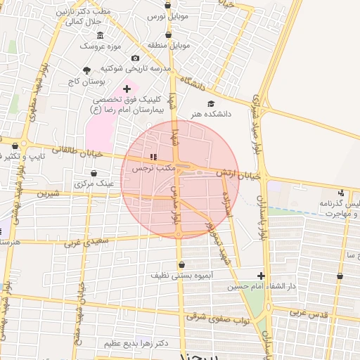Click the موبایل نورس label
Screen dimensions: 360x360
coord(166,15)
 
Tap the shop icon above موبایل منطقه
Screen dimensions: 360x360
coord(168,34)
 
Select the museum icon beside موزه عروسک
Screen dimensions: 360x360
coord(100,35)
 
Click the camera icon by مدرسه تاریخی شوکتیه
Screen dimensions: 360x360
coord(135,58)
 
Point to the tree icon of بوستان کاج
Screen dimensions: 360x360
coord(86,70)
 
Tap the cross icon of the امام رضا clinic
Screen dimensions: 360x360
coord(127,89)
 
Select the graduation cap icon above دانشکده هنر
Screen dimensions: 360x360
coord(211,103)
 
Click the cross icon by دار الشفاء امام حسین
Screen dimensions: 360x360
coord(262,276)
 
